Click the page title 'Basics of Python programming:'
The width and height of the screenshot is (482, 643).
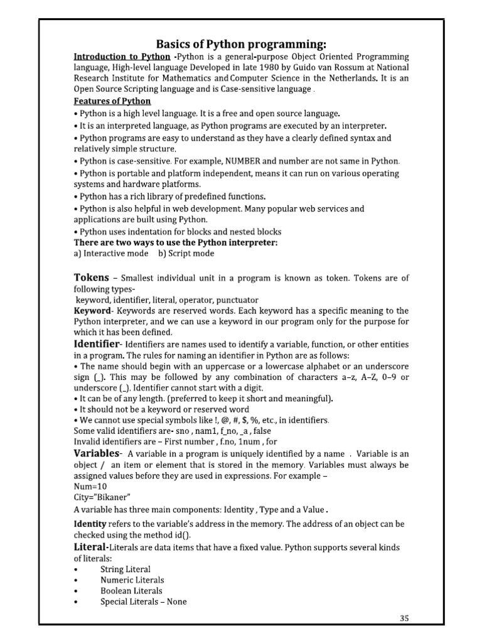point(241,44)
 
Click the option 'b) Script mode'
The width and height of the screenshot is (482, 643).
point(186,254)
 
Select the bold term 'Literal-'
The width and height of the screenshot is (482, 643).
point(94,548)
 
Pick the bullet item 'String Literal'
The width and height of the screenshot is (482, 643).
point(126,569)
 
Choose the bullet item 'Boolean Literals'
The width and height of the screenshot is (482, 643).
point(131,591)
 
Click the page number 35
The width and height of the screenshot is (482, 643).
point(404,619)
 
